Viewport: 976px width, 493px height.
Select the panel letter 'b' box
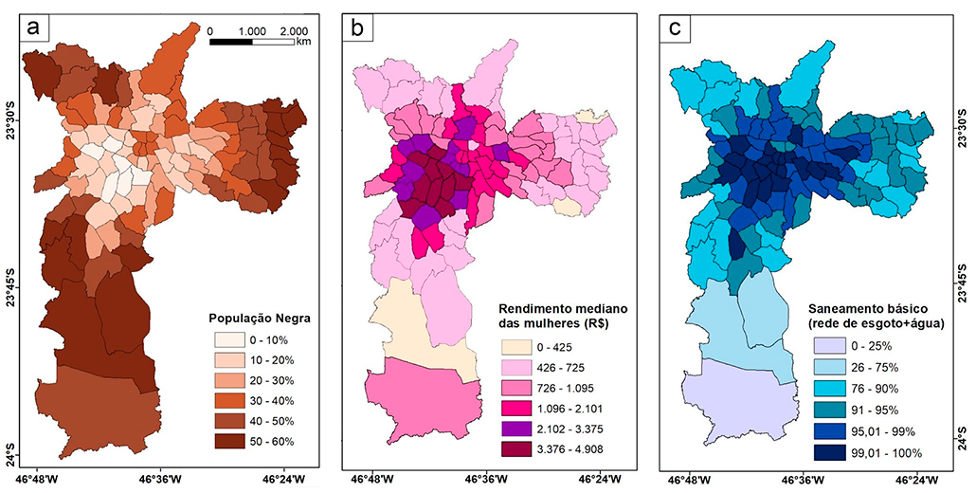coord(358,27)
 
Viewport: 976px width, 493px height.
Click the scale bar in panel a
coord(251,43)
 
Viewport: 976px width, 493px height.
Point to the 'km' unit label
coord(303,43)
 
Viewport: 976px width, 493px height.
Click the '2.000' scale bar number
coord(294,30)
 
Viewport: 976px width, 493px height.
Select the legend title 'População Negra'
coord(259,320)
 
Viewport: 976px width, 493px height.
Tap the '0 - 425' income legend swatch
coord(516,347)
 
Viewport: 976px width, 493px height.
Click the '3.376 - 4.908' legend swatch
coord(516,448)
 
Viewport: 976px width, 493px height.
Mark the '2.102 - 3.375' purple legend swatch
coord(516,429)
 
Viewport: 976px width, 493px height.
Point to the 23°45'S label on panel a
coord(11,287)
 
